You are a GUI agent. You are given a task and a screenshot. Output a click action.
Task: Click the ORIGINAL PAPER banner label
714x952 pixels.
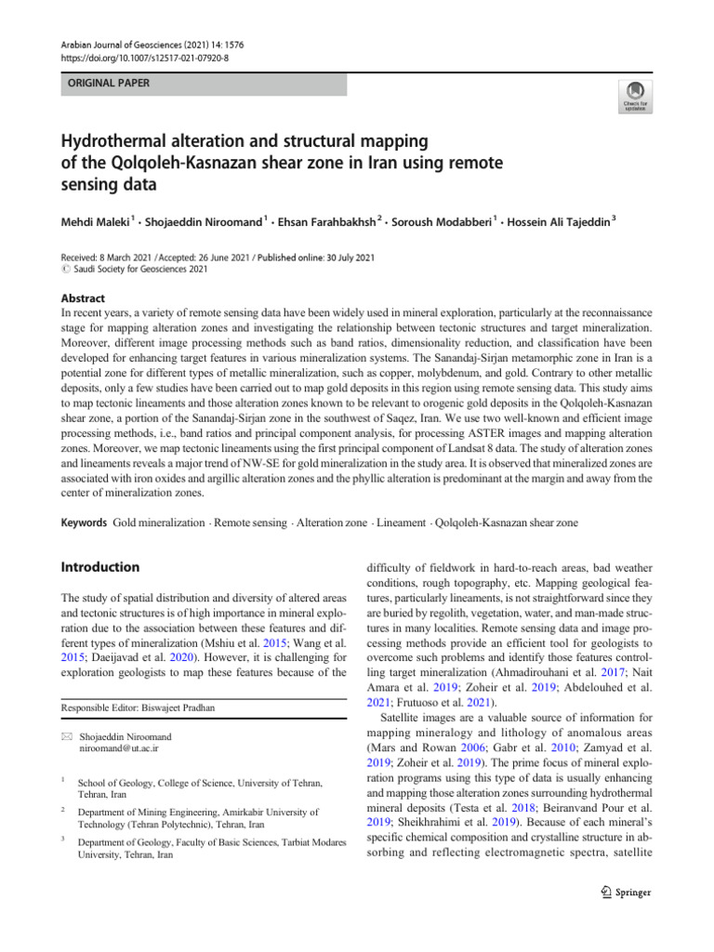(104, 84)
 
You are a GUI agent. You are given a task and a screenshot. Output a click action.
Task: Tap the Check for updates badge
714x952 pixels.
(634, 95)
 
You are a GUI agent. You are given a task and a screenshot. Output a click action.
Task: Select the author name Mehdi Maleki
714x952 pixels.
(94, 224)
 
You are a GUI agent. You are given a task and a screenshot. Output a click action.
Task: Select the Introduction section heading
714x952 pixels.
(99, 567)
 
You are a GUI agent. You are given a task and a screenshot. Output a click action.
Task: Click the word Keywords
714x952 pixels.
(83, 523)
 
